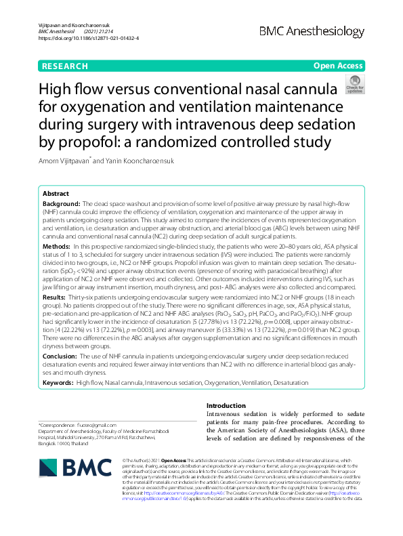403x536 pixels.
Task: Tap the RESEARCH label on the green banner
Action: click(64, 66)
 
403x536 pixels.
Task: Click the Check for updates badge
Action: click(354, 85)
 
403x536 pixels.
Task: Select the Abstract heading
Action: click(58, 193)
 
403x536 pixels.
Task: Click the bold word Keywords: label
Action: click(62, 384)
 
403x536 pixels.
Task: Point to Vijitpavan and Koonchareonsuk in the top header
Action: click(71, 24)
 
